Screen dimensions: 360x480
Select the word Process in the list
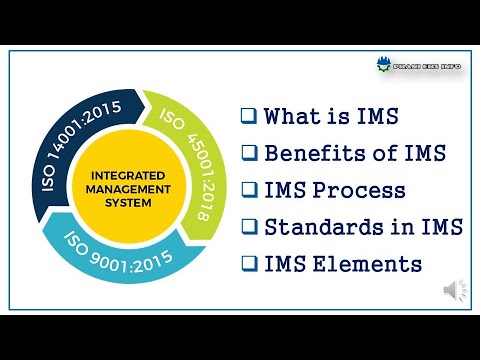359,190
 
